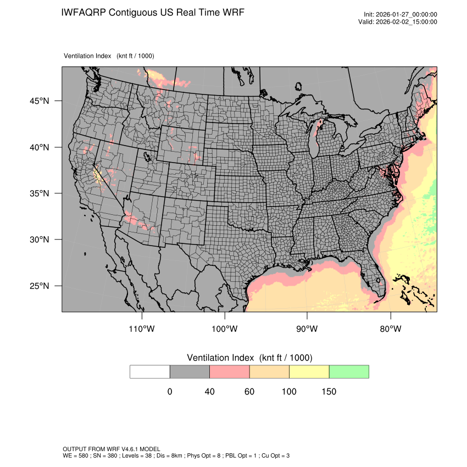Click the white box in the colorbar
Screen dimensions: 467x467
coord(150,371)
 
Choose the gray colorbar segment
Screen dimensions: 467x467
coord(190,371)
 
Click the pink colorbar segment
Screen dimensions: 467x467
coord(230,371)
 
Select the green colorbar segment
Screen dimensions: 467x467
coord(349,371)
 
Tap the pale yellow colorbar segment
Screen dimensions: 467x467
coord(309,371)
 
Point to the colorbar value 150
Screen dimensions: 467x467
coord(329,392)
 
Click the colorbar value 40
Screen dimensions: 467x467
coord(209,392)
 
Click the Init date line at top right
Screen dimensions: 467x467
coord(401,15)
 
